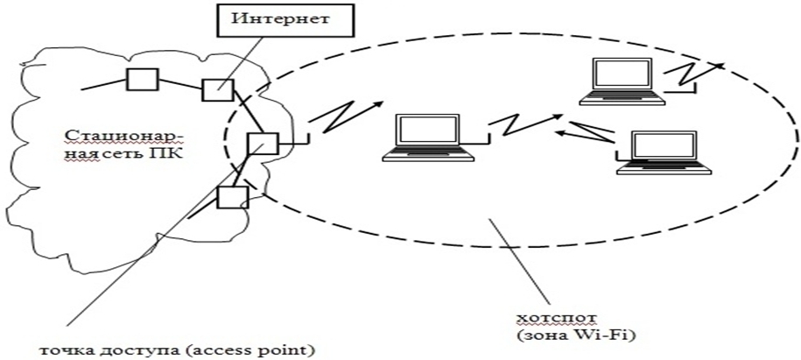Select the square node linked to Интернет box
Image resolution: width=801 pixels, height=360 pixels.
[216, 89]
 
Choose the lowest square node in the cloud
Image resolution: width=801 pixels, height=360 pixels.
[231, 198]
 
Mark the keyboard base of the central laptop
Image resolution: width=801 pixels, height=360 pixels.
[430, 156]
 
